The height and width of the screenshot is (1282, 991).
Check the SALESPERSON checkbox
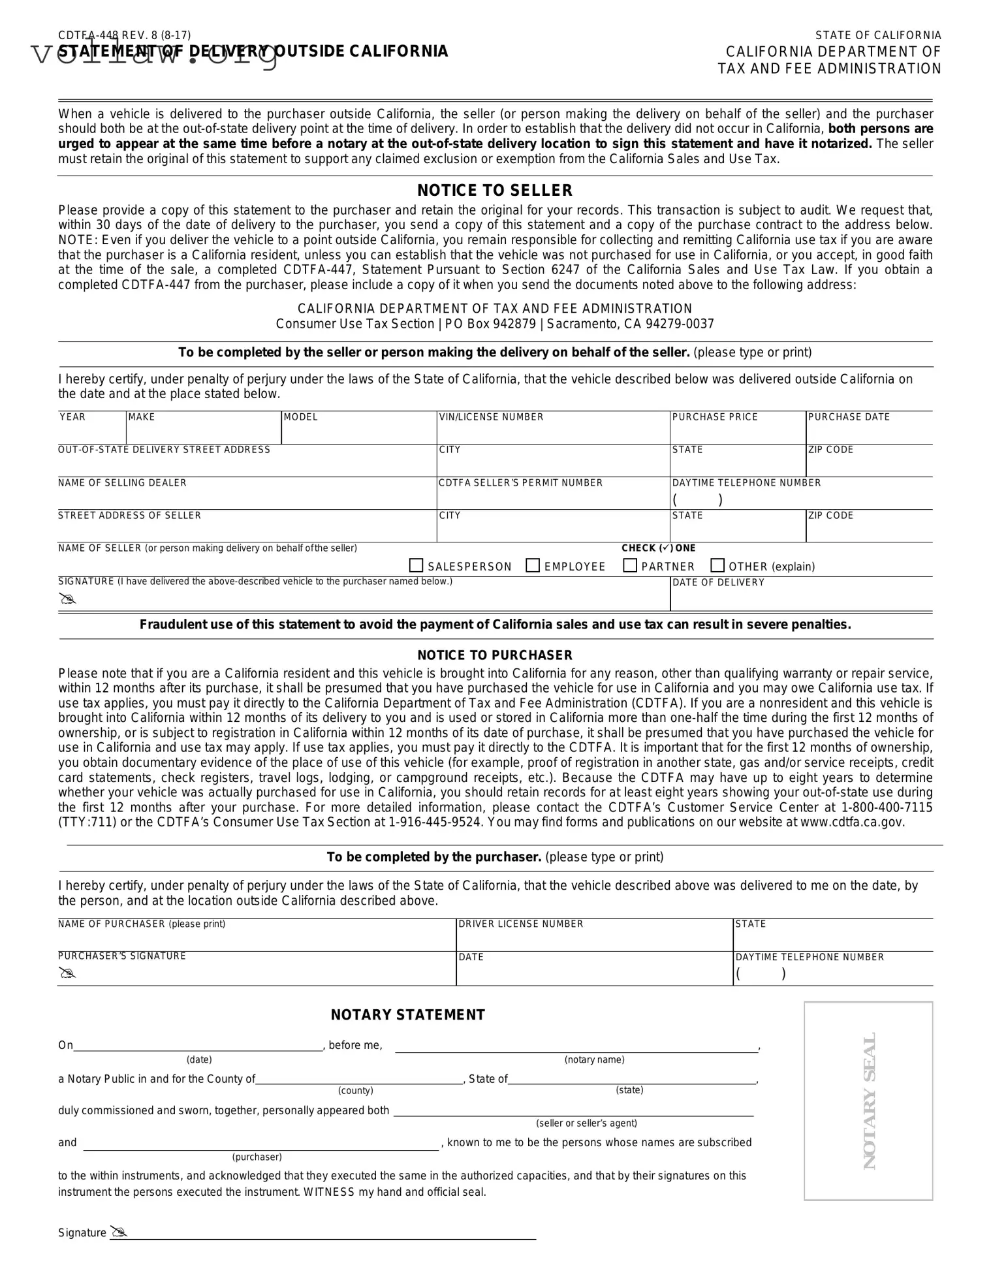tap(416, 565)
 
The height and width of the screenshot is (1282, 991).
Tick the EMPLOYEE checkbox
tap(533, 565)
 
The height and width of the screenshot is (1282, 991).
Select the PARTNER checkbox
tap(630, 565)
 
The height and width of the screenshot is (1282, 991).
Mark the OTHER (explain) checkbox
tap(717, 565)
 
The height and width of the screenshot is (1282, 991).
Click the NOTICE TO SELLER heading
tap(495, 191)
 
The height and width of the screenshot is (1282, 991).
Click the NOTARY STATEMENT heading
tap(408, 1015)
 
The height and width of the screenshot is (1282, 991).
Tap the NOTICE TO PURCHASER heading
tap(495, 655)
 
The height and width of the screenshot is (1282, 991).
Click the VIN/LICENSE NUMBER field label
tap(492, 417)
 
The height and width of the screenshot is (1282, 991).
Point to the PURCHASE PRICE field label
tap(715, 417)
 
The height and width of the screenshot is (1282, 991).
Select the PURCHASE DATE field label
tap(849, 417)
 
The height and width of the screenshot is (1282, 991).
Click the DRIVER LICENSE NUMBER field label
tap(521, 924)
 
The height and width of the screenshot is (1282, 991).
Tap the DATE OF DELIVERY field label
tap(718, 582)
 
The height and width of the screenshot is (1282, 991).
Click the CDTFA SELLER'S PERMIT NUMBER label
tap(521, 483)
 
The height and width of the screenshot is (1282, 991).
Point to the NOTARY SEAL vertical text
tap(869, 1101)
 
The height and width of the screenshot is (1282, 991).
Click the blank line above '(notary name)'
tap(576, 1047)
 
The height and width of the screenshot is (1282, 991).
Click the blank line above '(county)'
tap(359, 1080)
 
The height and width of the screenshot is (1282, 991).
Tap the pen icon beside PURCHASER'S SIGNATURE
tap(67, 973)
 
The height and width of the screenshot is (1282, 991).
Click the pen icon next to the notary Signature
tap(118, 1232)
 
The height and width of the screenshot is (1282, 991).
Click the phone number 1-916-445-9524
tap(435, 822)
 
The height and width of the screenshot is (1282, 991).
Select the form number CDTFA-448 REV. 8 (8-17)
tap(125, 35)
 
